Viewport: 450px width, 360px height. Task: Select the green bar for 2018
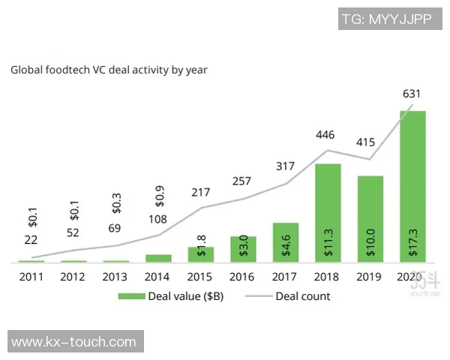pos(328,213)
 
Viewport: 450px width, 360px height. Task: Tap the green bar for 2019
pos(370,219)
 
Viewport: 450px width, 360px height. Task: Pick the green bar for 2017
pos(286,242)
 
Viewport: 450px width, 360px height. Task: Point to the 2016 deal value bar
pos(243,249)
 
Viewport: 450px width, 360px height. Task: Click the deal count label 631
pos(411,94)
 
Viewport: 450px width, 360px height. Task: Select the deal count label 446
pos(326,135)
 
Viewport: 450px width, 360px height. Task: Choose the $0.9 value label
pos(159,197)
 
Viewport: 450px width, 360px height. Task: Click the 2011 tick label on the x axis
pos(31,277)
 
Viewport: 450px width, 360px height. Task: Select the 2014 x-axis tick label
pos(158,277)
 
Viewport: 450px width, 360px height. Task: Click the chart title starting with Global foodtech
pos(109,70)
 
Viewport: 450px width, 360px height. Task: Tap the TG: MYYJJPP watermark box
pos(386,19)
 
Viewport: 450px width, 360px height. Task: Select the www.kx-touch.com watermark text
pos(74,342)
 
